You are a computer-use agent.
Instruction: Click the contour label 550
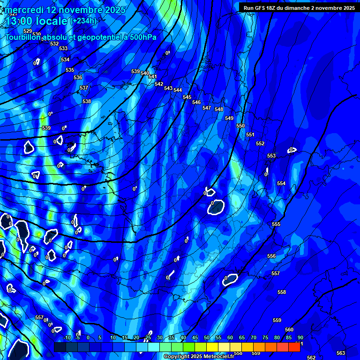[240, 126]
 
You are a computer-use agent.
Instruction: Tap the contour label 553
[271, 156]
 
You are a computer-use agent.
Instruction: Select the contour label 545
[187, 97]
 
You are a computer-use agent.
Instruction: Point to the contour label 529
[28, 31]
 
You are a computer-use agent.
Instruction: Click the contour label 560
[289, 330]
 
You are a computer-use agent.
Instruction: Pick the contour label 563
[341, 353]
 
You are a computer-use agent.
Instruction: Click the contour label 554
[281, 183]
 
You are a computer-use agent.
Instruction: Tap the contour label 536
[78, 77]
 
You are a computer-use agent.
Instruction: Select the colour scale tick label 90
[300, 338]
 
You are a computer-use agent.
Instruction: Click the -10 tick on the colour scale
[67, 338]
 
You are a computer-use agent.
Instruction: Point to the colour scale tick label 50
[207, 338]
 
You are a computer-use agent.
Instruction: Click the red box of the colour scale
[294, 347]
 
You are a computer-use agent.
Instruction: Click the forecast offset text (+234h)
[83, 21]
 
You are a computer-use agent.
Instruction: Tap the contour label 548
[219, 109]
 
